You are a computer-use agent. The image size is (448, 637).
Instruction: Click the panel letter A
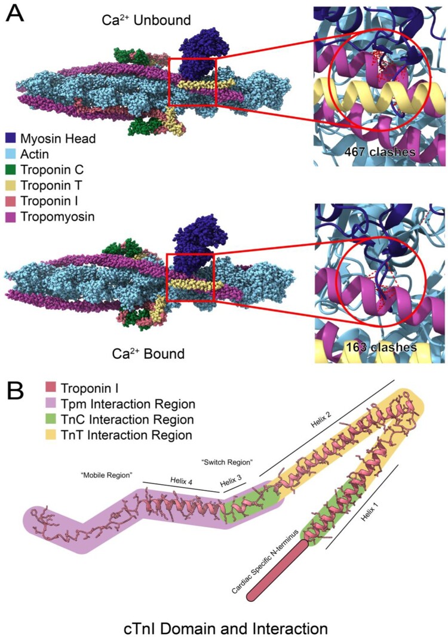point(16,14)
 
